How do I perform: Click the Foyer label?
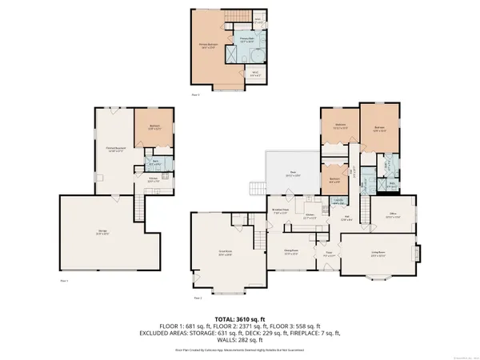(329, 258)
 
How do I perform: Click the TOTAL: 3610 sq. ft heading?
(240, 319)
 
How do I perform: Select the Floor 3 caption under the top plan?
(196, 94)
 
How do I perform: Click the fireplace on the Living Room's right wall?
(415, 254)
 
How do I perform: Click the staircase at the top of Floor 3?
(236, 18)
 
